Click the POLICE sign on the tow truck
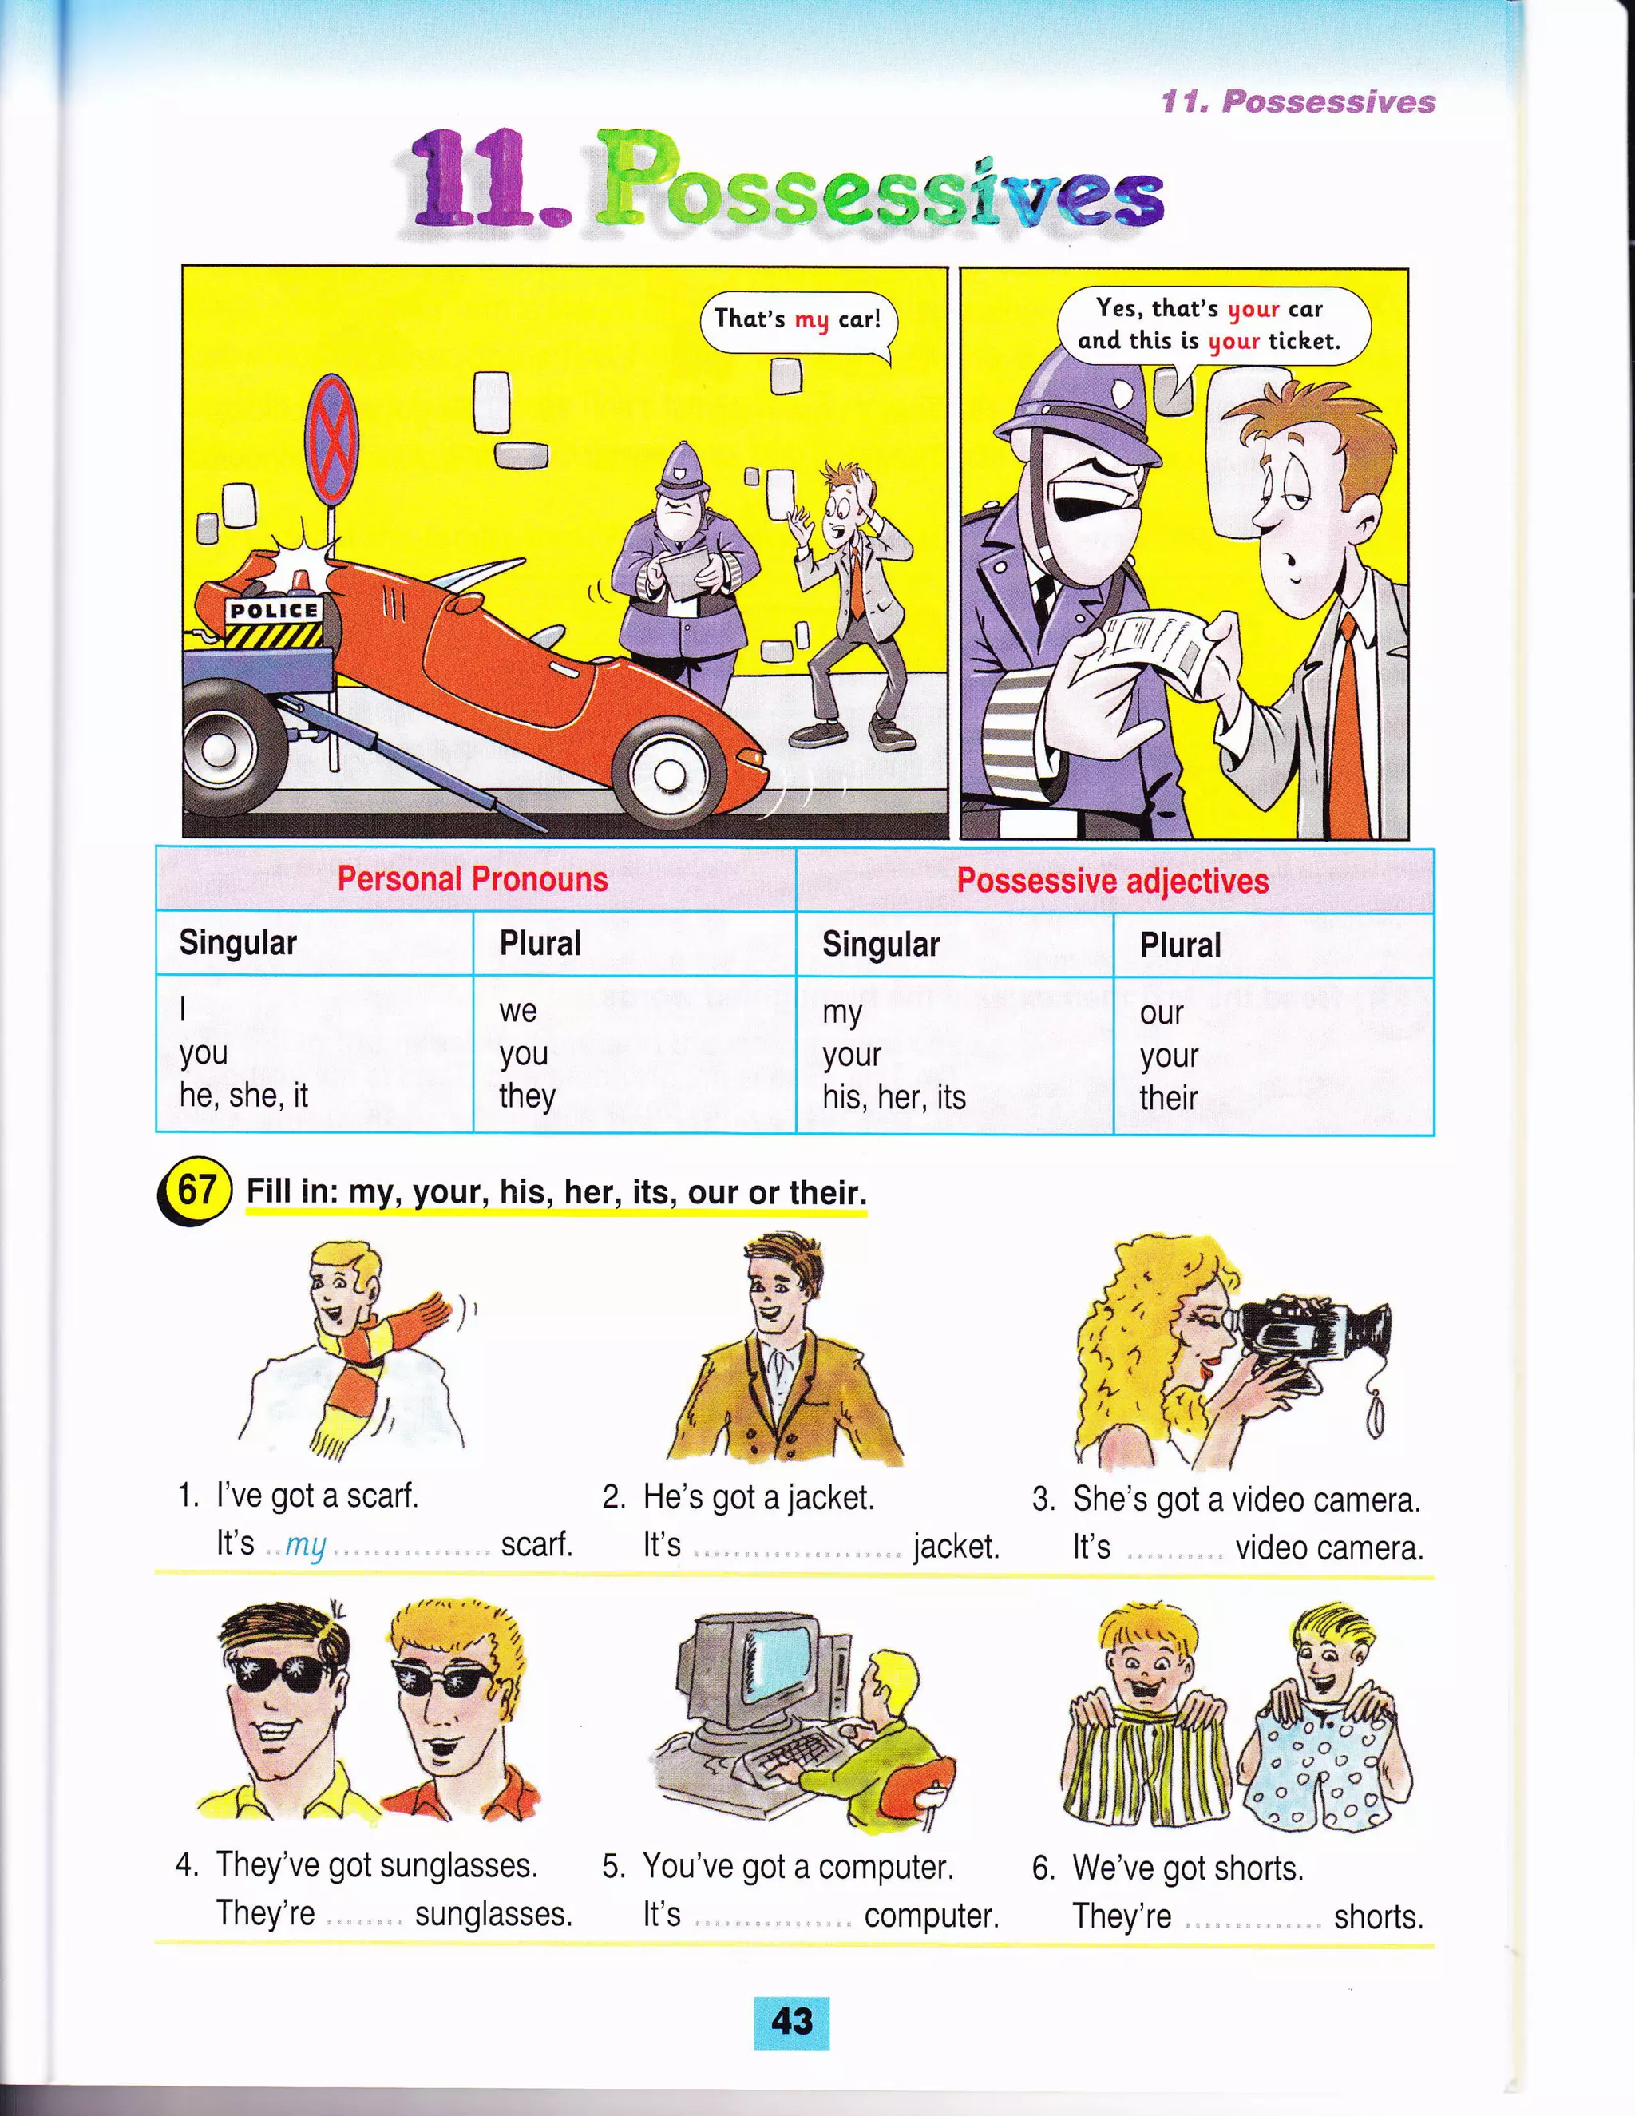[274, 610]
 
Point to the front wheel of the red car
[668, 772]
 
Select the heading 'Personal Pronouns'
[472, 879]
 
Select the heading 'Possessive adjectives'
[1112, 881]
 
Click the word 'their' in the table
[1168, 1098]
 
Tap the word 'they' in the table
[527, 1096]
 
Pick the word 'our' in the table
[1162, 1012]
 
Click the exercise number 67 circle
[195, 1189]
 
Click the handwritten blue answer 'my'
[305, 1545]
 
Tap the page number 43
[791, 2022]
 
